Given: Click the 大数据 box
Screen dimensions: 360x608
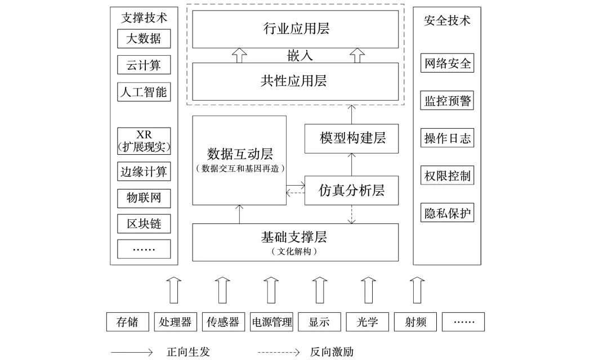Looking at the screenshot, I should point(144,39).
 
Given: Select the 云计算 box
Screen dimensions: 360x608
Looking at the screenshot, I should point(144,65).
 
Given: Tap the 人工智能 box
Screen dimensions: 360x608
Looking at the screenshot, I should point(144,92).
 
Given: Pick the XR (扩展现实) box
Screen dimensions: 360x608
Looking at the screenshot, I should point(144,141).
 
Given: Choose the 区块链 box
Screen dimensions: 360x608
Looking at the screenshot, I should point(144,223).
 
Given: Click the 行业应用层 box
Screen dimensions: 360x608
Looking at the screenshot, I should point(296,29).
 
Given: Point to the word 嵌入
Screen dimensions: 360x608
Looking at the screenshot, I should point(296,56).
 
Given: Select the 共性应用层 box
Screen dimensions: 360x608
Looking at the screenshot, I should point(296,81).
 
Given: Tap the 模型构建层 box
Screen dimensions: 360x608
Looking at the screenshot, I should point(352,138).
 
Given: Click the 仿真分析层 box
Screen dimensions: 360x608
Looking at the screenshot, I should point(352,190).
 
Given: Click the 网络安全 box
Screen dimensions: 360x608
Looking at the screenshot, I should point(447,63).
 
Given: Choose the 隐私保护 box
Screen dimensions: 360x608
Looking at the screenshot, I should point(447,214).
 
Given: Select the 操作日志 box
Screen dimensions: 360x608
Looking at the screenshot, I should point(447,138).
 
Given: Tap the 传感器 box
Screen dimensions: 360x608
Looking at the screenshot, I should point(223,322).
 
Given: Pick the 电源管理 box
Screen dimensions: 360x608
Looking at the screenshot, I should point(271,322).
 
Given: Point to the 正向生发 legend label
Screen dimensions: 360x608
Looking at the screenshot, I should point(188,352).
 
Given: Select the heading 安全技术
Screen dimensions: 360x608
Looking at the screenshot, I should point(447,21).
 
